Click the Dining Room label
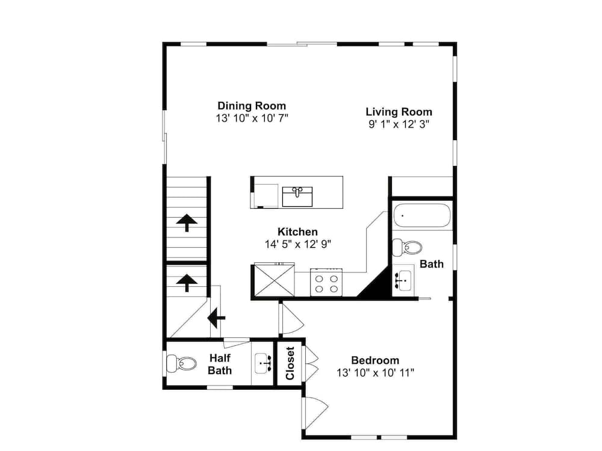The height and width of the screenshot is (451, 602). click(252, 105)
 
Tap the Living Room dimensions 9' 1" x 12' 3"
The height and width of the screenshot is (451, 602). click(399, 124)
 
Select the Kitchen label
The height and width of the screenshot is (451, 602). click(297, 232)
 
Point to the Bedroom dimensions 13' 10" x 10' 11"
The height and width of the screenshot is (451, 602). click(375, 372)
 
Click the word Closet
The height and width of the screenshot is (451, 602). click(290, 363)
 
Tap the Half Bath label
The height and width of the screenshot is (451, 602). click(220, 364)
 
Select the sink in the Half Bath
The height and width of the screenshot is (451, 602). click(264, 363)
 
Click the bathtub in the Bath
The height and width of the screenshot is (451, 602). click(422, 215)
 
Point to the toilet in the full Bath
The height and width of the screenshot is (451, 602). click(407, 247)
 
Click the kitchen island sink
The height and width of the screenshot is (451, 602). click(297, 197)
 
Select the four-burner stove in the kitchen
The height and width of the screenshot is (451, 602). click(326, 282)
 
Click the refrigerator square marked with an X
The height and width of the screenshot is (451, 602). click(275, 280)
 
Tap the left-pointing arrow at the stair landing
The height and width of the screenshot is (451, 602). click(216, 318)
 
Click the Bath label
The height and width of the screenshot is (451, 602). click(432, 264)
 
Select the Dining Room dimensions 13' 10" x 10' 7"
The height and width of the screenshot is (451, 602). click(252, 118)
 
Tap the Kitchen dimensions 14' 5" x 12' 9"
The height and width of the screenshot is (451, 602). click(298, 244)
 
